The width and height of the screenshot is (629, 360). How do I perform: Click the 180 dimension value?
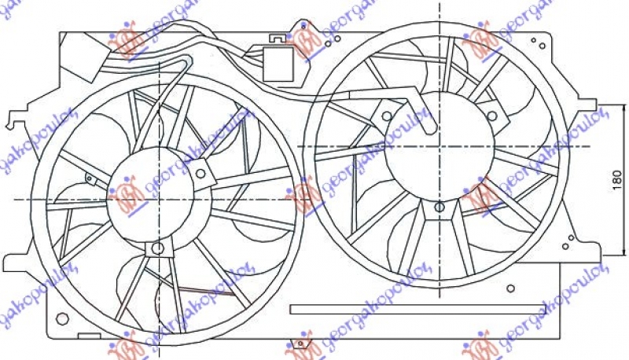[x=616, y=182]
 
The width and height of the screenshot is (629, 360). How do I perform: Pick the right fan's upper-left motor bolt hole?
[x=387, y=116]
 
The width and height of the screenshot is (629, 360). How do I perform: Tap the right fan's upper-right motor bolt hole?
[x=491, y=116]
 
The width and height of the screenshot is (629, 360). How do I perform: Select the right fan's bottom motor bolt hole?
[x=439, y=208]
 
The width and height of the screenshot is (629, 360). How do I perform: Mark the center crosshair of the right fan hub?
[x=439, y=146]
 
